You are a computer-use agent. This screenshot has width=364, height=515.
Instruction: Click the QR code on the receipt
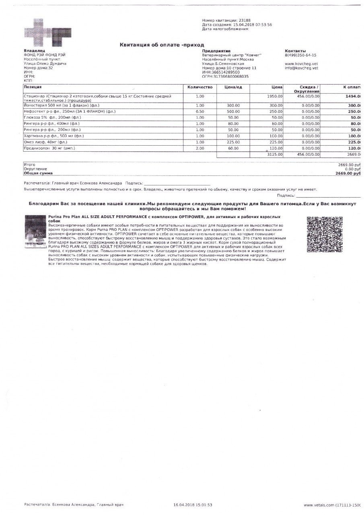coord(324,235)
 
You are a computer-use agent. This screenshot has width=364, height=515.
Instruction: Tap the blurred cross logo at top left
coord(44,33)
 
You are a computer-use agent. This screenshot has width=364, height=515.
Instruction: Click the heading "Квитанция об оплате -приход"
coord(162,45)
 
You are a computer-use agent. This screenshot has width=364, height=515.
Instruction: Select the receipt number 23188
coord(244,20)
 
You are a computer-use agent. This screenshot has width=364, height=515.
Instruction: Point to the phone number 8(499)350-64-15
coord(300,55)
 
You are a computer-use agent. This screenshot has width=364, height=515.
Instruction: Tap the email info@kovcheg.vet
coord(302,68)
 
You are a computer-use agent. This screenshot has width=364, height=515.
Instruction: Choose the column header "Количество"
coord(200,87)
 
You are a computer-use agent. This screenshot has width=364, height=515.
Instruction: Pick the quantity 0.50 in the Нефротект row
coord(200,111)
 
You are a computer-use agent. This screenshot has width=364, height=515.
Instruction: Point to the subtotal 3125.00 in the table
coord(275,154)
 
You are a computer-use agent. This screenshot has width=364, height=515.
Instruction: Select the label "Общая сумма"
coord(38,173)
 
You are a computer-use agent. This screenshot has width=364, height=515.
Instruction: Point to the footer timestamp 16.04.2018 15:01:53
coord(193,505)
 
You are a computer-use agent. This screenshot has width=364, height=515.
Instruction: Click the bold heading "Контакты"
coord(295,51)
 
